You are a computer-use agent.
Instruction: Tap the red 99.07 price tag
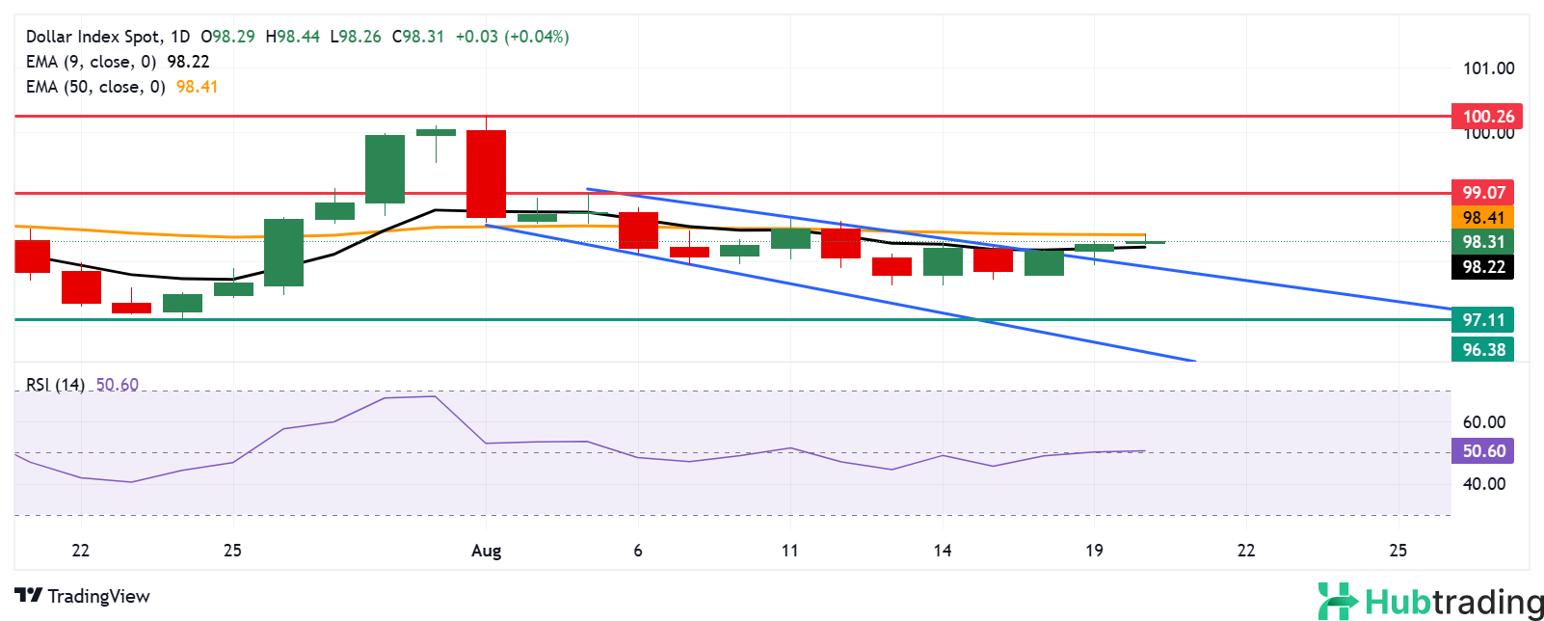tap(1483, 192)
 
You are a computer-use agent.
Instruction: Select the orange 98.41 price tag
tap(1483, 218)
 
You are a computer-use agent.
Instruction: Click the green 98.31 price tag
tap(1483, 242)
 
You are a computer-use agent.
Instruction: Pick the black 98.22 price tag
tap(1483, 267)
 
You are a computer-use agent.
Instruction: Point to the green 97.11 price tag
tap(1483, 319)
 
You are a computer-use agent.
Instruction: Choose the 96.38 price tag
tap(1483, 349)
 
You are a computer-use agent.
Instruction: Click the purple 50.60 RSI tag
tap(1483, 451)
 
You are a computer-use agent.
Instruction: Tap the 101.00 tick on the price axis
tap(1488, 68)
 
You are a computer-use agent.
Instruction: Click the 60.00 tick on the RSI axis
tap(1483, 422)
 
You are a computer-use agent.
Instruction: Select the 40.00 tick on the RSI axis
tap(1483, 484)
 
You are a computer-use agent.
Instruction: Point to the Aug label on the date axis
tap(487, 551)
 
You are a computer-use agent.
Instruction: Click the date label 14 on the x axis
tap(942, 551)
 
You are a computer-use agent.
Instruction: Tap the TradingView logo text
tap(98, 596)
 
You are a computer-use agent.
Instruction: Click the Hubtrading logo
tap(1430, 601)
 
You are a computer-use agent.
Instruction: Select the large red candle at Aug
tap(486, 174)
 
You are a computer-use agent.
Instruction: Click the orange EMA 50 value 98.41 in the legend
tap(197, 87)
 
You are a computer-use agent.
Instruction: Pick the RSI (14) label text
tap(55, 385)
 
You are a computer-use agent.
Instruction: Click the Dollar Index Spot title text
tap(93, 37)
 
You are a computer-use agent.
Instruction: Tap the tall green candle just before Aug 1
tap(385, 169)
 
